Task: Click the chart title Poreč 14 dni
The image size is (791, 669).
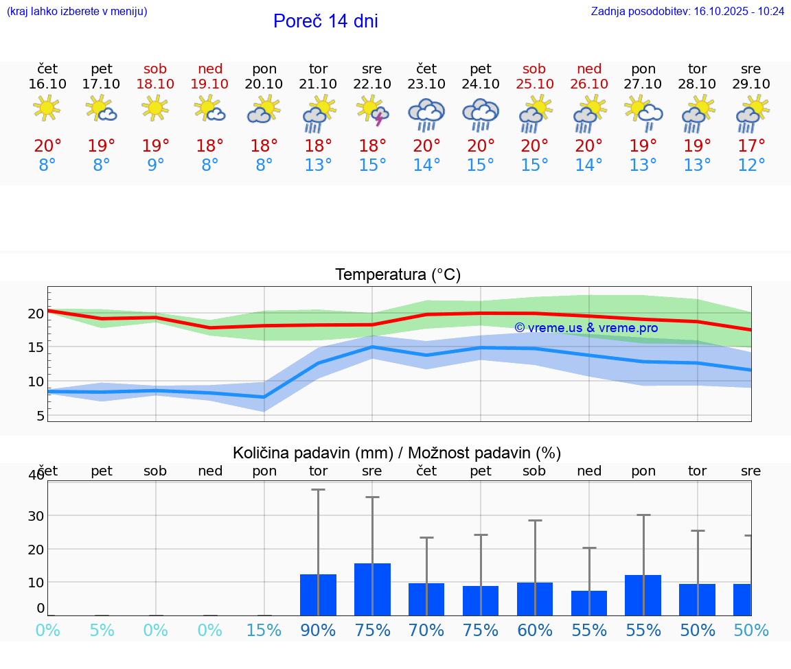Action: (x=325, y=21)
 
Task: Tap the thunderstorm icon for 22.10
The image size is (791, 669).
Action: (x=372, y=110)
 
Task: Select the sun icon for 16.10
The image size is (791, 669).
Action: (x=47, y=108)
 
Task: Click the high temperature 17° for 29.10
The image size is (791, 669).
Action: (x=751, y=145)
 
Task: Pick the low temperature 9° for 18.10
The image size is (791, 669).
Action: (x=156, y=165)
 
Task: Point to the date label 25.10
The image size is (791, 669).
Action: (x=534, y=84)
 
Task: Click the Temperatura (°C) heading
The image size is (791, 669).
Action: (x=398, y=275)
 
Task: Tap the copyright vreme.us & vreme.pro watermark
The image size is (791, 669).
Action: (x=586, y=328)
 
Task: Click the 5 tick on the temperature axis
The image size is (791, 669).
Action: (x=41, y=416)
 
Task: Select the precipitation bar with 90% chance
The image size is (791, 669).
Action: (x=318, y=594)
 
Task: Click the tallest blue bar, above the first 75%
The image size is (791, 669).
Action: (x=372, y=589)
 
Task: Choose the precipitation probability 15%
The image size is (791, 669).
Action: (x=264, y=631)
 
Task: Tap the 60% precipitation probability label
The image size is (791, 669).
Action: (x=535, y=631)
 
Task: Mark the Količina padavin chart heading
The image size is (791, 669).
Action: (x=397, y=453)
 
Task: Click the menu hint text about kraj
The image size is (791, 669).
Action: (x=77, y=12)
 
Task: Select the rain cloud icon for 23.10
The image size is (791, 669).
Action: (x=426, y=114)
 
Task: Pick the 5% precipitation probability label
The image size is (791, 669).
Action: (x=102, y=631)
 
